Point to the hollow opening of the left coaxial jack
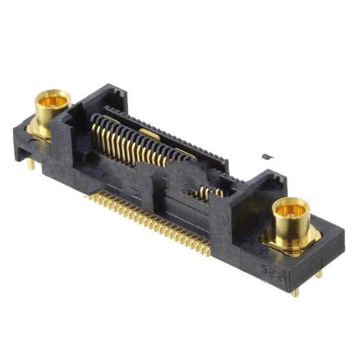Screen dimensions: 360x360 [x=53, y=101]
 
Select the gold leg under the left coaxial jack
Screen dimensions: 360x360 [x=31, y=164]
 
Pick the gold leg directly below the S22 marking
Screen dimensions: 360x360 [x=294, y=291]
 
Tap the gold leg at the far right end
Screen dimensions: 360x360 [x=318, y=274]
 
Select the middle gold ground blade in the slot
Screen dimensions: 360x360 [x=148, y=133]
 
